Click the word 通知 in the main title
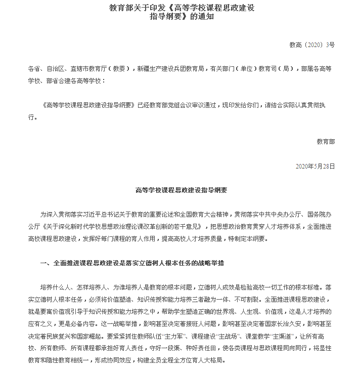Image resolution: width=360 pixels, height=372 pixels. point(207,17)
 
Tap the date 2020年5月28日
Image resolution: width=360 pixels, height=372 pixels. point(314,166)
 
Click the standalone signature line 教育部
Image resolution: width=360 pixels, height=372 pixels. point(326,142)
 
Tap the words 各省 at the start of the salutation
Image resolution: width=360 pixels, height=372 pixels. point(34,69)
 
